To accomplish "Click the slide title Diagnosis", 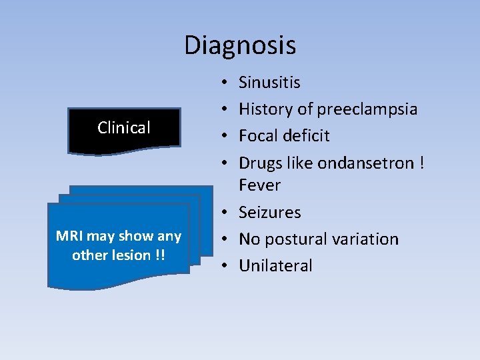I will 240,45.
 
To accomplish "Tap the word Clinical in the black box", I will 124,127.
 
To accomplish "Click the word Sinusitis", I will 269,83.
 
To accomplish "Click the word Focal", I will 257,136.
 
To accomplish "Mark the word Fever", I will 259,185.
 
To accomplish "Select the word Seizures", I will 269,213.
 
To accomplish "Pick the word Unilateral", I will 275,266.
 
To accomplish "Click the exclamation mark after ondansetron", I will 421,163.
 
